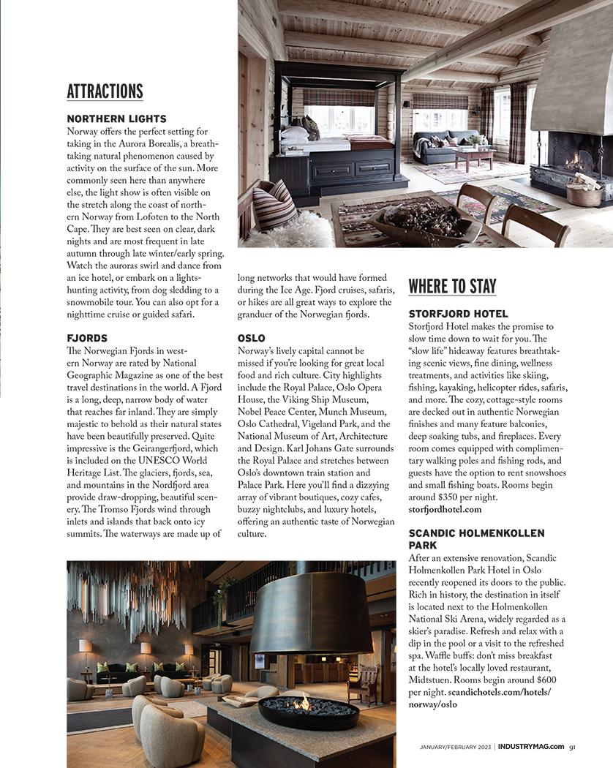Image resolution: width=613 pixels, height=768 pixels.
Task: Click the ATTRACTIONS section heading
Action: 105,91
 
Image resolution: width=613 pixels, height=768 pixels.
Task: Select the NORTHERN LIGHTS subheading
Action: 116,118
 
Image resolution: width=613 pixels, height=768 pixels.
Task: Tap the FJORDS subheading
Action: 87,338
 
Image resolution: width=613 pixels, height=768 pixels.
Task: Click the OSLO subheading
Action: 251,338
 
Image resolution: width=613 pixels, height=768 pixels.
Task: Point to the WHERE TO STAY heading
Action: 452,286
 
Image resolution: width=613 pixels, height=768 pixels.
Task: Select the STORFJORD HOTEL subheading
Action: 458,314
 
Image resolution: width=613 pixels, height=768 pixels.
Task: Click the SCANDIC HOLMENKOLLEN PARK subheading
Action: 476,539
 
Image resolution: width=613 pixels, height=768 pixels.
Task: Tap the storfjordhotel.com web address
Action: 445,509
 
